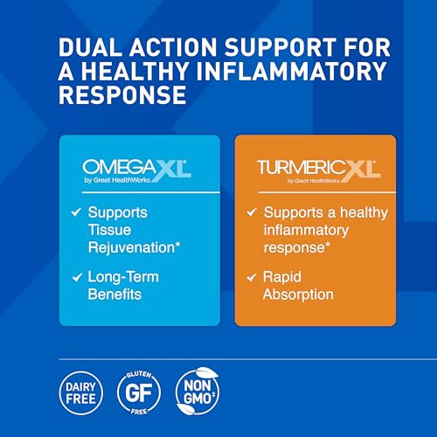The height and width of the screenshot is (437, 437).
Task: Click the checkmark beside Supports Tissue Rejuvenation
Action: point(76,212)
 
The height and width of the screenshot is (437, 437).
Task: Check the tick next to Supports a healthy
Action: point(251,212)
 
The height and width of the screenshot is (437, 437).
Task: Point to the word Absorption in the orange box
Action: point(299,295)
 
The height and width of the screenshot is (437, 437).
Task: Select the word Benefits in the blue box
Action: point(116,295)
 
